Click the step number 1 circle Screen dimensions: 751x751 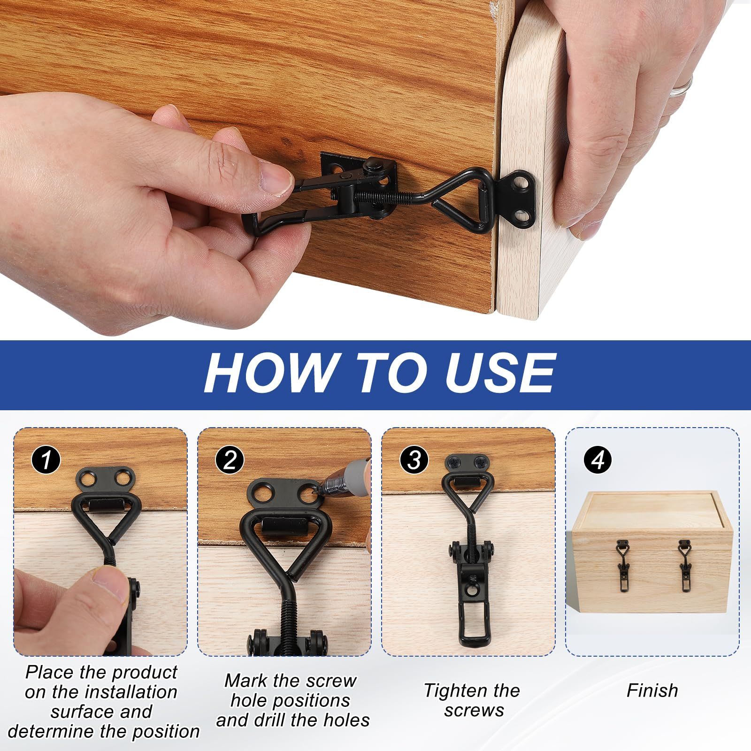(46, 460)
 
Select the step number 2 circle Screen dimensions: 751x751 (230, 460)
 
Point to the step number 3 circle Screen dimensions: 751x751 (414, 460)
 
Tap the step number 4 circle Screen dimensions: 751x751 (598, 460)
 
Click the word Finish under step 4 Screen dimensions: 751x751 (652, 690)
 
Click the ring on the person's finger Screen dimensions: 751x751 (681, 87)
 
